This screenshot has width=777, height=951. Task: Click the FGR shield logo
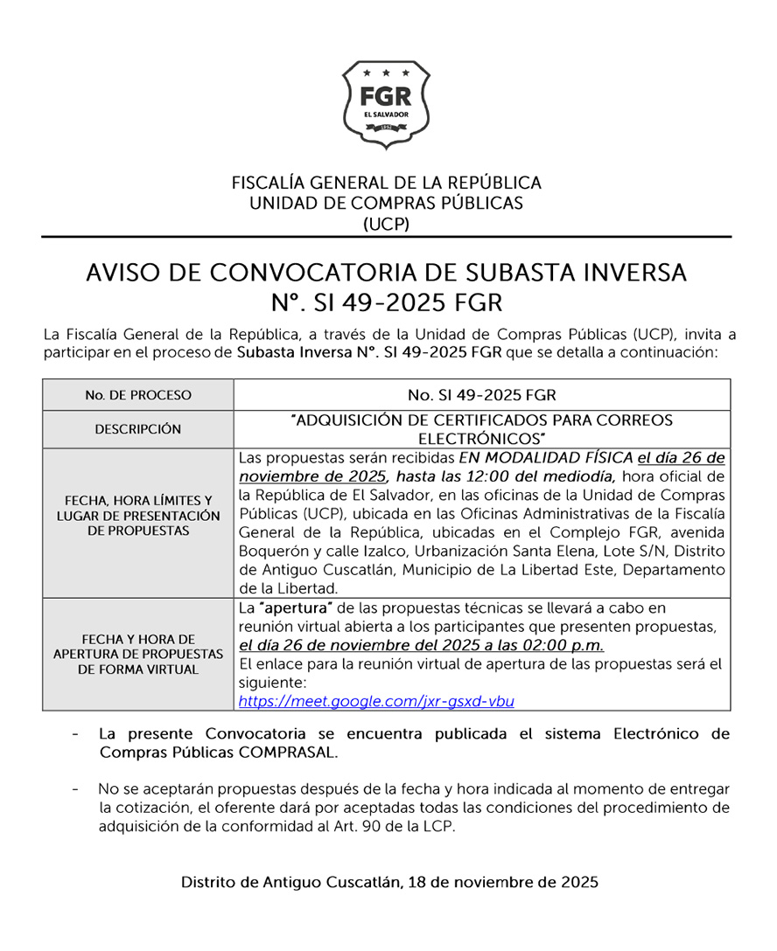(386, 104)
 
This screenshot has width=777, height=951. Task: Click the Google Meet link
(376, 701)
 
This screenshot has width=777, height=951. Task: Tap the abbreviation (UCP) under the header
(386, 224)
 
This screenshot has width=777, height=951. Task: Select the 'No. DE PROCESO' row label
(138, 395)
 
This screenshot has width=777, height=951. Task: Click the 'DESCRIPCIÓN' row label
(138, 429)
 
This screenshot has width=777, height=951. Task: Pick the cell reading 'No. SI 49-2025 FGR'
(481, 395)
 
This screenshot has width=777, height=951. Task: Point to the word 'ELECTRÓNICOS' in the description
(481, 437)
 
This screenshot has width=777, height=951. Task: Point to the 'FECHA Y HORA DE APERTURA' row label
(138, 654)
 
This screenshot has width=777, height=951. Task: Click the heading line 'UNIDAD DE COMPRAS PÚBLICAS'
(386, 203)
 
